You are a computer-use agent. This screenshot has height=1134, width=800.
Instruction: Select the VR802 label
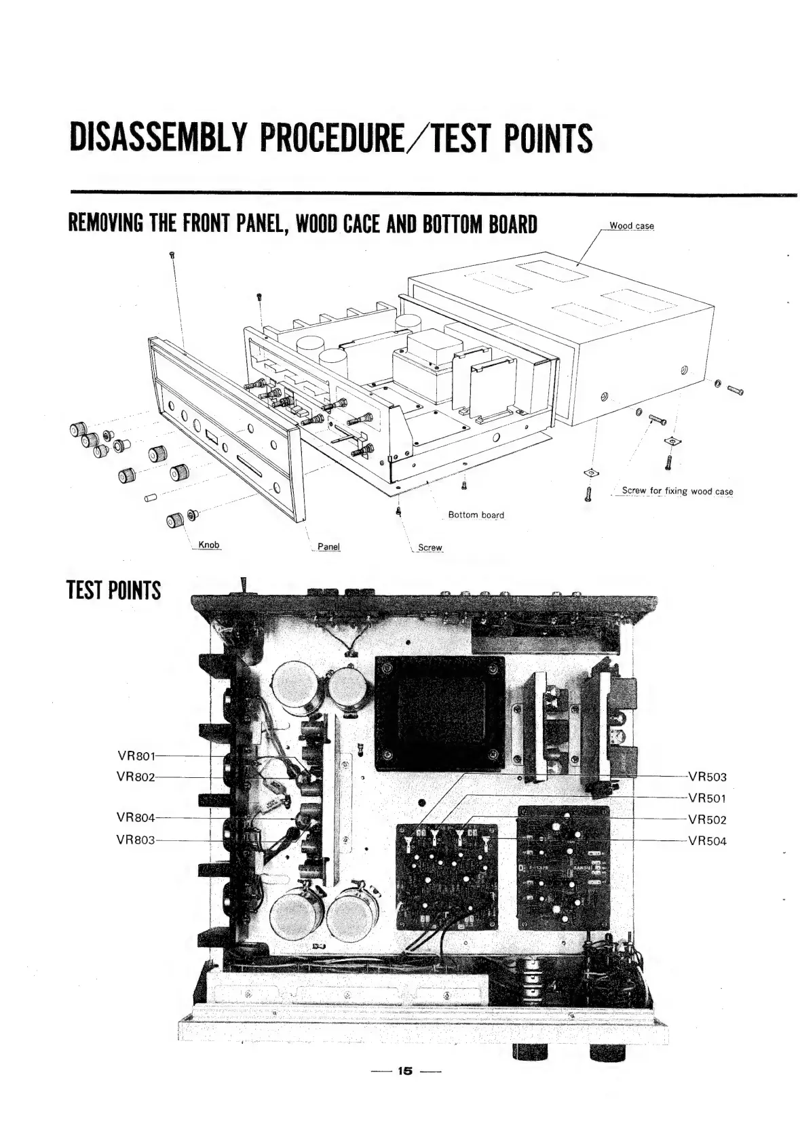[136, 777]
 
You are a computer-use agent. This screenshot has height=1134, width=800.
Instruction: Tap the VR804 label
[136, 819]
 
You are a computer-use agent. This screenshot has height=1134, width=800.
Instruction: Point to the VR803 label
[136, 840]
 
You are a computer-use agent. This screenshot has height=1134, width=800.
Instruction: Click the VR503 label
[707, 777]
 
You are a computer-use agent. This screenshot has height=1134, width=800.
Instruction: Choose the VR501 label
[707, 798]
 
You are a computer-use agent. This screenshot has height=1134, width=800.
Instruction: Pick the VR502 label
[707, 819]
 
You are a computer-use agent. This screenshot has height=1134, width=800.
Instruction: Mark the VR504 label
[707, 841]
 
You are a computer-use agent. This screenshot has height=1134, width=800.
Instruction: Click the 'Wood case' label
[631, 226]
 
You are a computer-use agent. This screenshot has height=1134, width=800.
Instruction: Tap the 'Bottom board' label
[476, 515]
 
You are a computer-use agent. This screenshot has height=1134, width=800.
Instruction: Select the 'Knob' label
[209, 545]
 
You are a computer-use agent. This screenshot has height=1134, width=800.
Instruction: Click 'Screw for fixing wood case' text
[677, 491]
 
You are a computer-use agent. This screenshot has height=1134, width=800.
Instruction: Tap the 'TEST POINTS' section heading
[114, 590]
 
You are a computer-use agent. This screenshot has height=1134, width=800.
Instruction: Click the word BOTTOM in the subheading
[459, 223]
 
